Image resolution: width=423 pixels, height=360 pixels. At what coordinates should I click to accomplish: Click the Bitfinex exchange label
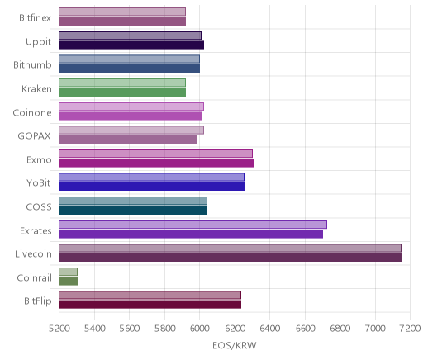tap(35, 18)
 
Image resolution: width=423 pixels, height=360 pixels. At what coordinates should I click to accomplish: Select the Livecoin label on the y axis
tap(33, 253)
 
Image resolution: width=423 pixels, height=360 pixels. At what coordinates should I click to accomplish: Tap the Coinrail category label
tap(34, 277)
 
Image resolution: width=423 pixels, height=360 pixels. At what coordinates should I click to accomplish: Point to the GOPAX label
tap(34, 136)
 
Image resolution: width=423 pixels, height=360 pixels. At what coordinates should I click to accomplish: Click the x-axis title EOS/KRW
tap(235, 345)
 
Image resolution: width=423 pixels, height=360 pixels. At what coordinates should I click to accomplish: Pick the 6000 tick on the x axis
tap(199, 329)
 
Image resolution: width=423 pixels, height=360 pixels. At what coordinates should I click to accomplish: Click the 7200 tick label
tap(411, 329)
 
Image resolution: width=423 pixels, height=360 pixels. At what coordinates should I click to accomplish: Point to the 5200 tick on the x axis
tap(59, 329)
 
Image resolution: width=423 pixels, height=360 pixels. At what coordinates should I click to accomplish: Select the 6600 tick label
tap(305, 329)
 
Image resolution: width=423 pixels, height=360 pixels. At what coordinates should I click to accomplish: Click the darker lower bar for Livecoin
tap(230, 258)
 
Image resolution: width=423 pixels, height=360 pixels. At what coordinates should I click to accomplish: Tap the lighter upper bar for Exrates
tap(192, 225)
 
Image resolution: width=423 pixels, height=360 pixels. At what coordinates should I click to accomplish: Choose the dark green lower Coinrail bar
tap(68, 282)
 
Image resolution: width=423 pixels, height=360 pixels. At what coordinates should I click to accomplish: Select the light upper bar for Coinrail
tap(68, 272)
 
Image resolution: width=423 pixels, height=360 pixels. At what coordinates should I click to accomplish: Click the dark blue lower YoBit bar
tap(151, 187)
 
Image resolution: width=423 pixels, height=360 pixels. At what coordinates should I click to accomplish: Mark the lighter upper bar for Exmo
tap(155, 154)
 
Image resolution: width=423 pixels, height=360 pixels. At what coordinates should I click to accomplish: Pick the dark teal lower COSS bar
tap(133, 211)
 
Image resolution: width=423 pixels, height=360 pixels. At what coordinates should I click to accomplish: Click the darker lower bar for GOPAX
tap(128, 140)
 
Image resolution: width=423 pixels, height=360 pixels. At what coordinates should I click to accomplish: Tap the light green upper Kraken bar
tap(122, 83)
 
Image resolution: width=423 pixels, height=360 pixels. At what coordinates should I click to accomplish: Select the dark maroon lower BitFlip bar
tap(150, 305)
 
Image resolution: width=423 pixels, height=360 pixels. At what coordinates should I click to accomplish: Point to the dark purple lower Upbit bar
tap(131, 45)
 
